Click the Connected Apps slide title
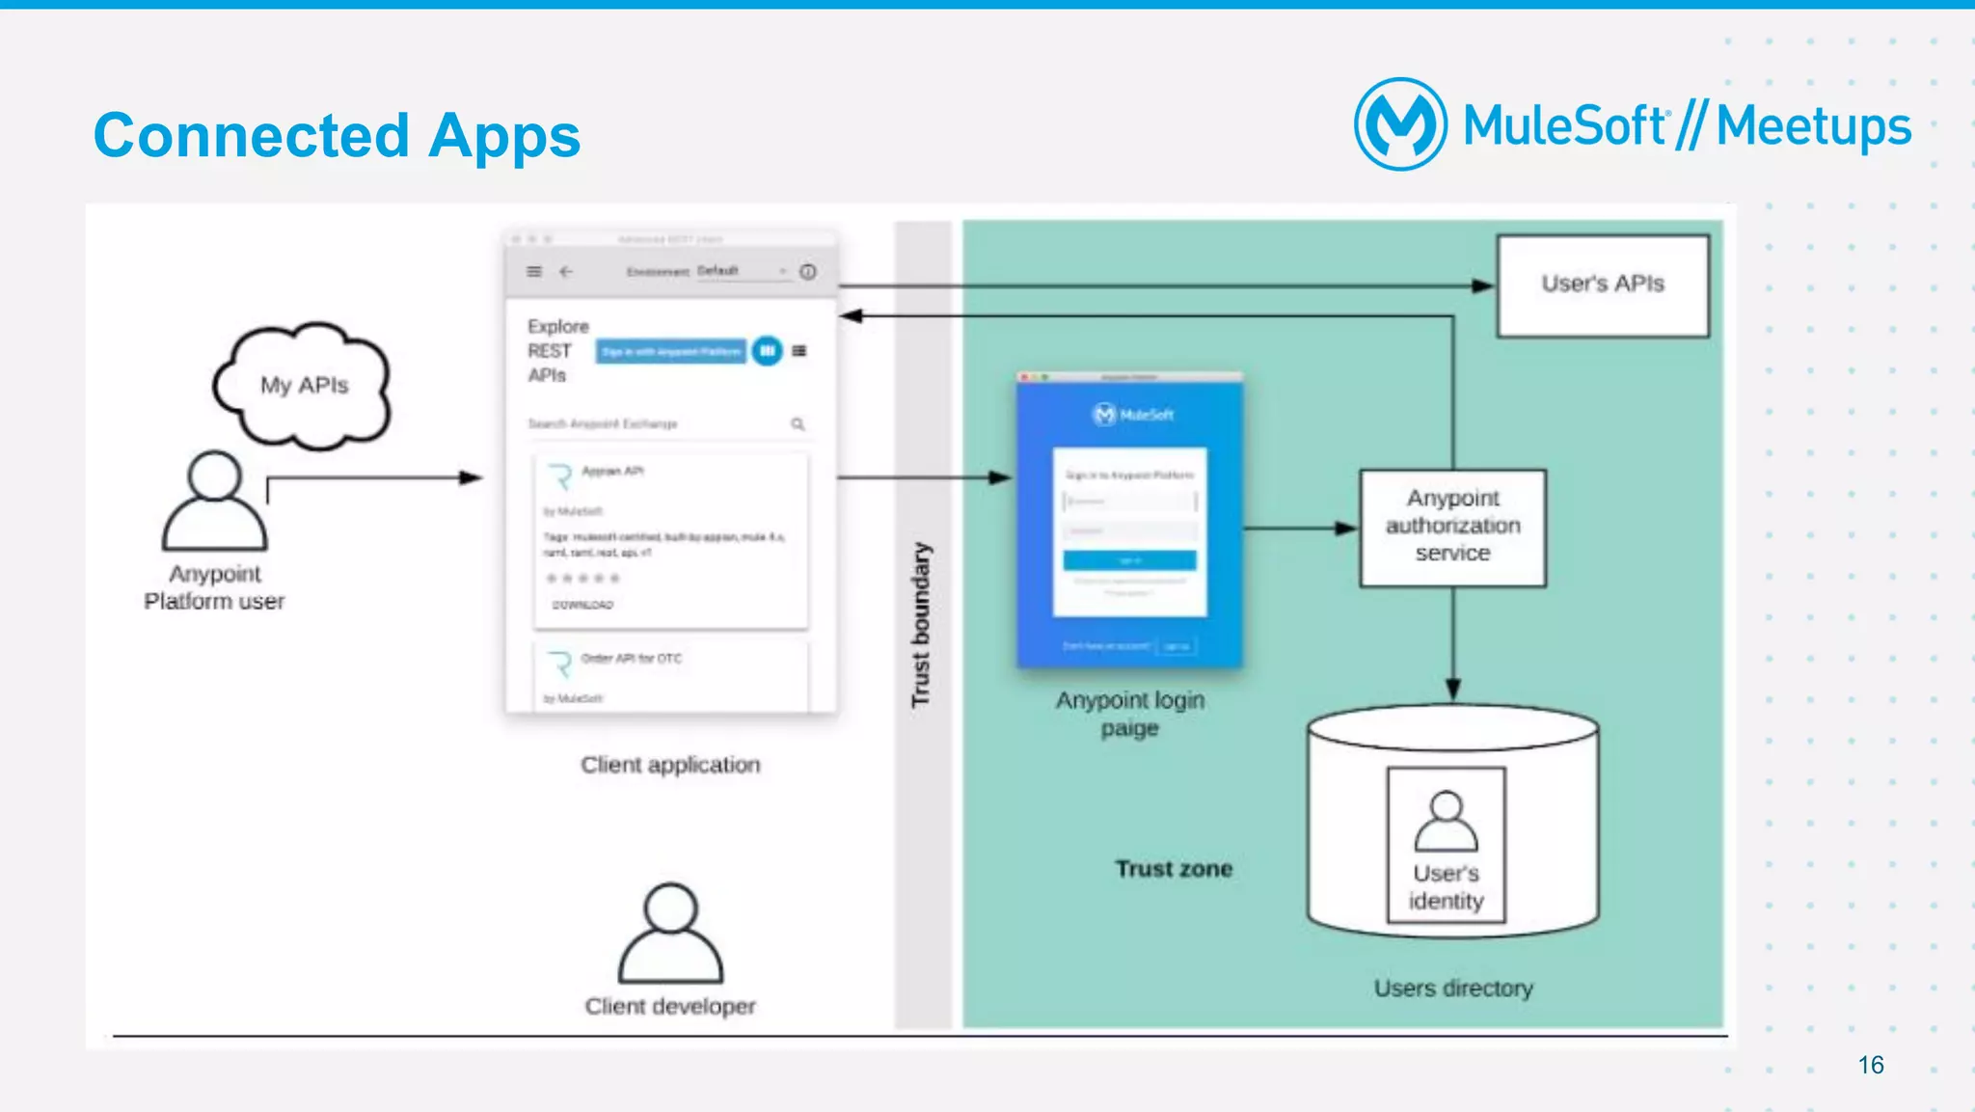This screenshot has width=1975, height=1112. click(x=337, y=135)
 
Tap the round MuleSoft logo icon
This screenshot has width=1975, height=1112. click(x=1399, y=124)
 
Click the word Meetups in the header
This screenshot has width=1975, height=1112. click(x=1813, y=126)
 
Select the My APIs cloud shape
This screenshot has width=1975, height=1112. click(x=303, y=386)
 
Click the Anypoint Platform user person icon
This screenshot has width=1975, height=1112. click(x=214, y=502)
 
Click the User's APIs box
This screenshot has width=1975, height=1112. click(x=1602, y=285)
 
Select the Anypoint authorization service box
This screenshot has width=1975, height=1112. click(x=1452, y=527)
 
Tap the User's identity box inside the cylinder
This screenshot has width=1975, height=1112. click(x=1446, y=845)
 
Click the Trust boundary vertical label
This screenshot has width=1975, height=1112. click(x=921, y=624)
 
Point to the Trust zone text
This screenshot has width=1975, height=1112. click(x=1174, y=869)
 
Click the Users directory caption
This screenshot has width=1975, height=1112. click(x=1452, y=989)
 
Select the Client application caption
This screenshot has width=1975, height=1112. click(x=670, y=765)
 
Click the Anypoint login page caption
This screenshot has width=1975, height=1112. click(x=1129, y=714)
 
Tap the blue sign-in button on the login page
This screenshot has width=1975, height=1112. click(x=1129, y=560)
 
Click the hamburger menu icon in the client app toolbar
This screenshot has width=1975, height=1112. click(x=534, y=272)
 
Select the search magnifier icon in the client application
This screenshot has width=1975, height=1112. click(x=798, y=424)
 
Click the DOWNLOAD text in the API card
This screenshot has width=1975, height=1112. click(x=582, y=605)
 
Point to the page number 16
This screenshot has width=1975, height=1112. click(x=1870, y=1065)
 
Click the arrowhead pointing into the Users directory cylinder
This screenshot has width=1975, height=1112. click(x=1452, y=689)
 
